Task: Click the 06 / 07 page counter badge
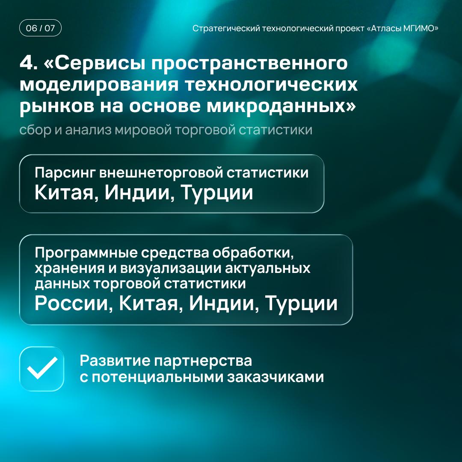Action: pyautogui.click(x=40, y=28)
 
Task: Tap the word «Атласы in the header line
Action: pyautogui.click(x=382, y=28)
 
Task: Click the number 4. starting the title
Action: pyautogui.click(x=29, y=63)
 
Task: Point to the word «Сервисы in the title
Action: pyautogui.click(x=94, y=63)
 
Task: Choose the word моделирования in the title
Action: pyautogui.click(x=99, y=85)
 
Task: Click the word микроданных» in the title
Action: pyautogui.click(x=281, y=106)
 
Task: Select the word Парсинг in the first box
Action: pyautogui.click(x=65, y=173)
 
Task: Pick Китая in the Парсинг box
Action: pyautogui.click(x=67, y=193)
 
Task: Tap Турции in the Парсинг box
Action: pyautogui.click(x=217, y=193)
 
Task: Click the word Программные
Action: pyautogui.click(x=86, y=253)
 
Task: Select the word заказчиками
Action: pyautogui.click(x=275, y=377)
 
